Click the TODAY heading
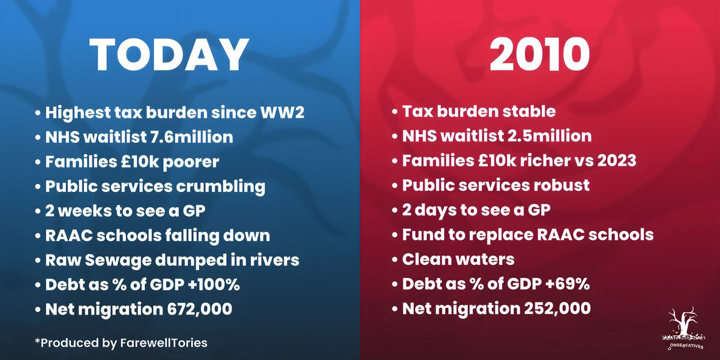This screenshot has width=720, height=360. [x=169, y=55]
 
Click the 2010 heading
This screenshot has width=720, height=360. [x=539, y=55]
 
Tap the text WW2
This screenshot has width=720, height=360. [x=282, y=113]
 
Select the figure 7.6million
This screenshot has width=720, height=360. [x=191, y=137]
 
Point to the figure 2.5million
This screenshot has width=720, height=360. [x=550, y=136]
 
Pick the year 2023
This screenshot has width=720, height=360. [x=617, y=161]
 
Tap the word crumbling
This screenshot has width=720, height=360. [x=221, y=187]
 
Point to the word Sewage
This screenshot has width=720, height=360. [x=118, y=260]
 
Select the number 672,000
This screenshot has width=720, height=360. [x=200, y=309]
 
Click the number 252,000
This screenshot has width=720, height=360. [x=557, y=308]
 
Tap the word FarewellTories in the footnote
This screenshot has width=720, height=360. [x=164, y=343]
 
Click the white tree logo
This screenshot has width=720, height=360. [x=684, y=327]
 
